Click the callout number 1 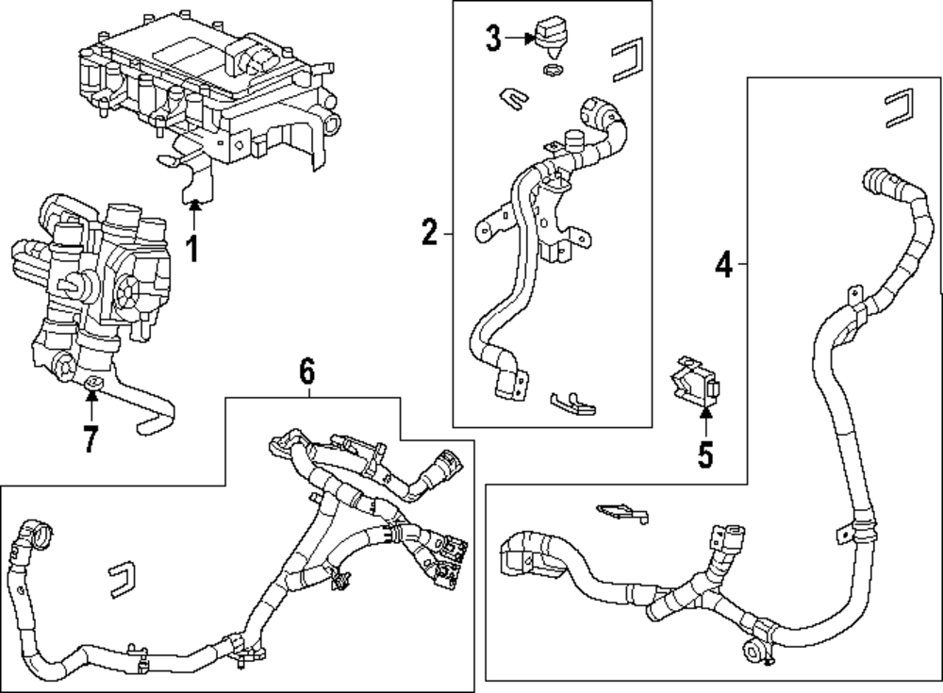point(192,249)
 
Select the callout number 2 point(429,232)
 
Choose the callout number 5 point(705,456)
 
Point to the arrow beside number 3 point(520,39)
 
